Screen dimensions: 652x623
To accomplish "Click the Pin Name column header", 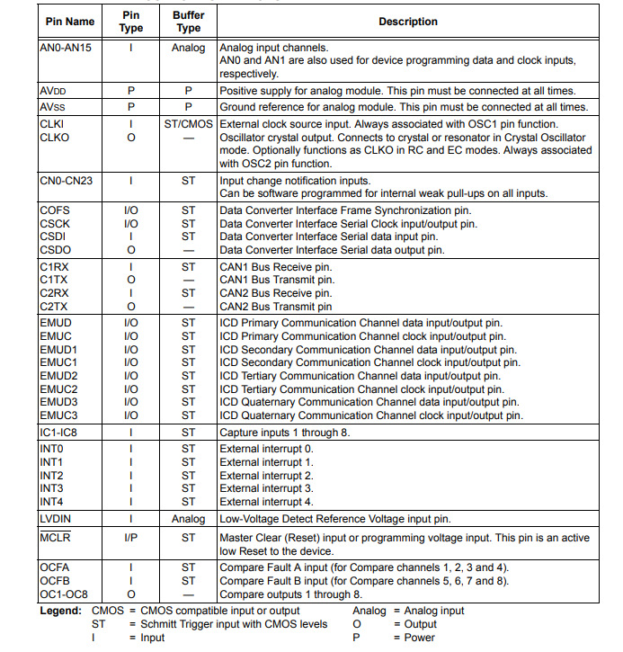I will click(x=68, y=22).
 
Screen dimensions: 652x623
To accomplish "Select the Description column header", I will click(x=407, y=22).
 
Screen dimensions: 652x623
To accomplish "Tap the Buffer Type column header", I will click(x=188, y=22).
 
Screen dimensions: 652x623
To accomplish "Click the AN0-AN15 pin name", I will click(x=67, y=48).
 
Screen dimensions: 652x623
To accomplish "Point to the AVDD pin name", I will click(x=54, y=91).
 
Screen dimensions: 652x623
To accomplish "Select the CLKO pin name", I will click(x=54, y=137).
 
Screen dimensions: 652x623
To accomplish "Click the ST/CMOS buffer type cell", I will click(x=188, y=123).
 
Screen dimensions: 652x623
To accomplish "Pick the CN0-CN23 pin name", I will click(x=66, y=181).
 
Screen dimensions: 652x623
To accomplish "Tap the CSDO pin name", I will click(x=56, y=250).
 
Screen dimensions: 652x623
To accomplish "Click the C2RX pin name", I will click(x=55, y=293).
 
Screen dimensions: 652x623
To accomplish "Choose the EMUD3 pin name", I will click(x=58, y=402).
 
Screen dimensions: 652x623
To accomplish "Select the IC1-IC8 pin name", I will click(x=60, y=433).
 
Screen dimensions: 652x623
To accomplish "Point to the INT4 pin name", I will click(x=52, y=502).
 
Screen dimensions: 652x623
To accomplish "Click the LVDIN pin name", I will click(x=56, y=519).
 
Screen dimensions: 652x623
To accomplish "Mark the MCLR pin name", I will click(x=56, y=538).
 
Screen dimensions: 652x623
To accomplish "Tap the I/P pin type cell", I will click(x=131, y=538).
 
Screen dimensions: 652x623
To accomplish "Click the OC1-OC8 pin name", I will click(x=65, y=594).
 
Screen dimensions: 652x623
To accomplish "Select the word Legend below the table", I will click(x=60, y=611).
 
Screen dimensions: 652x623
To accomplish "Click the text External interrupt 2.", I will click(x=266, y=475).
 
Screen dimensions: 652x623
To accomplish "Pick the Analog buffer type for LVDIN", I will click(x=188, y=519).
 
